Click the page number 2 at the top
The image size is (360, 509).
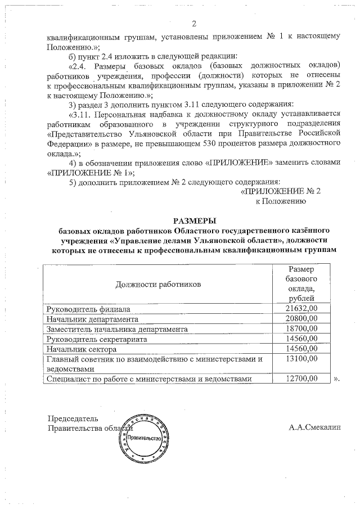(x=193, y=23)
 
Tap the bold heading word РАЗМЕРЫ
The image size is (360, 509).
(x=193, y=220)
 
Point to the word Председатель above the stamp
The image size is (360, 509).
(x=73, y=418)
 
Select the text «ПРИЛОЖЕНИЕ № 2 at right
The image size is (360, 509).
(x=280, y=191)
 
